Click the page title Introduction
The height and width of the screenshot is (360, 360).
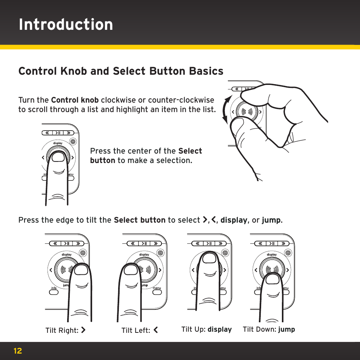pyautogui.click(x=66, y=25)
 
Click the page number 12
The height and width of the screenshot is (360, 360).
pyautogui.click(x=18, y=351)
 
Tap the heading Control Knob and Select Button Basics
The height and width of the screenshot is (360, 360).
pyautogui.click(x=121, y=71)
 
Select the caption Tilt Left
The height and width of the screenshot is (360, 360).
pyautogui.click(x=139, y=330)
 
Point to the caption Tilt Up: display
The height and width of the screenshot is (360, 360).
pyautogui.click(x=206, y=329)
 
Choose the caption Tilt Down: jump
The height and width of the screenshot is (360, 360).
pyautogui.click(x=269, y=329)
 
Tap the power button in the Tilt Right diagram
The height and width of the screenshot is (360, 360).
pyautogui.click(x=83, y=252)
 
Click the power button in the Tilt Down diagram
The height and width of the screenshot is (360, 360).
pyautogui.click(x=288, y=252)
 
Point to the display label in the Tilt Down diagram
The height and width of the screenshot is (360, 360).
pyautogui.click(x=272, y=255)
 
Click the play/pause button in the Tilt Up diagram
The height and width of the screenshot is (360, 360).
pyautogui.click(x=209, y=243)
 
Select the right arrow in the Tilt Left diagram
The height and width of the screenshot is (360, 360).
pyautogui.click(x=160, y=270)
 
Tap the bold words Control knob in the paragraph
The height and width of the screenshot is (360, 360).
pyautogui.click(x=75, y=100)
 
